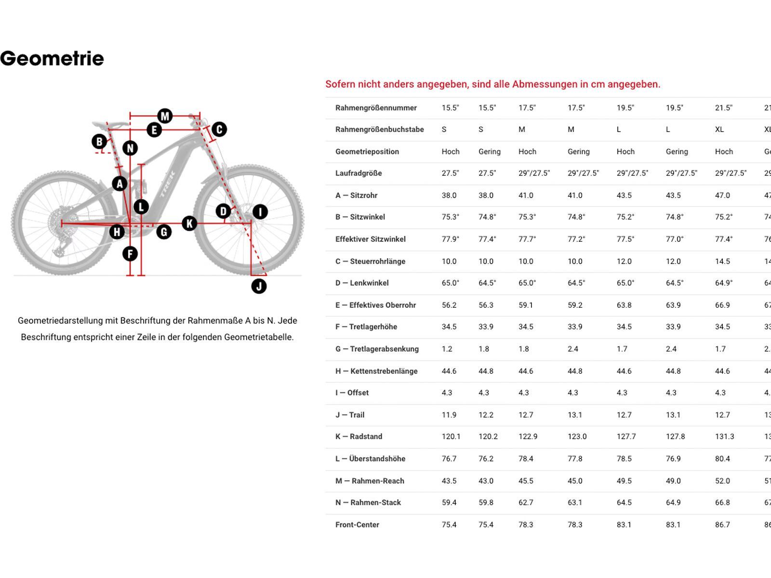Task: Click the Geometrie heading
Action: (x=52, y=58)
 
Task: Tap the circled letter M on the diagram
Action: (x=165, y=116)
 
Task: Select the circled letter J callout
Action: (x=259, y=286)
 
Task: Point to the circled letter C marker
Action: (x=219, y=129)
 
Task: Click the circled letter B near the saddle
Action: (x=99, y=142)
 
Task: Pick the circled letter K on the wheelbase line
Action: (x=189, y=223)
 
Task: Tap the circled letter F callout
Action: (x=130, y=253)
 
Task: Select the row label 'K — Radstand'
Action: (x=359, y=436)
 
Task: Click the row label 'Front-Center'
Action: (x=357, y=525)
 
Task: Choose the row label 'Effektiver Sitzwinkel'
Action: (x=370, y=239)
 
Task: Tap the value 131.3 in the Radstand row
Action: (x=724, y=436)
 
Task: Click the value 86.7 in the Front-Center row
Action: (x=722, y=525)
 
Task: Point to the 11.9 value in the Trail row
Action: (x=449, y=415)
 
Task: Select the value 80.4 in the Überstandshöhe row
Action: (x=722, y=459)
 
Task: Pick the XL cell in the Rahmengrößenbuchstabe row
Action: (x=719, y=129)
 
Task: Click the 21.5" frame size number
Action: (x=723, y=107)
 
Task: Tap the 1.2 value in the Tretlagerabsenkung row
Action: (x=447, y=349)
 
